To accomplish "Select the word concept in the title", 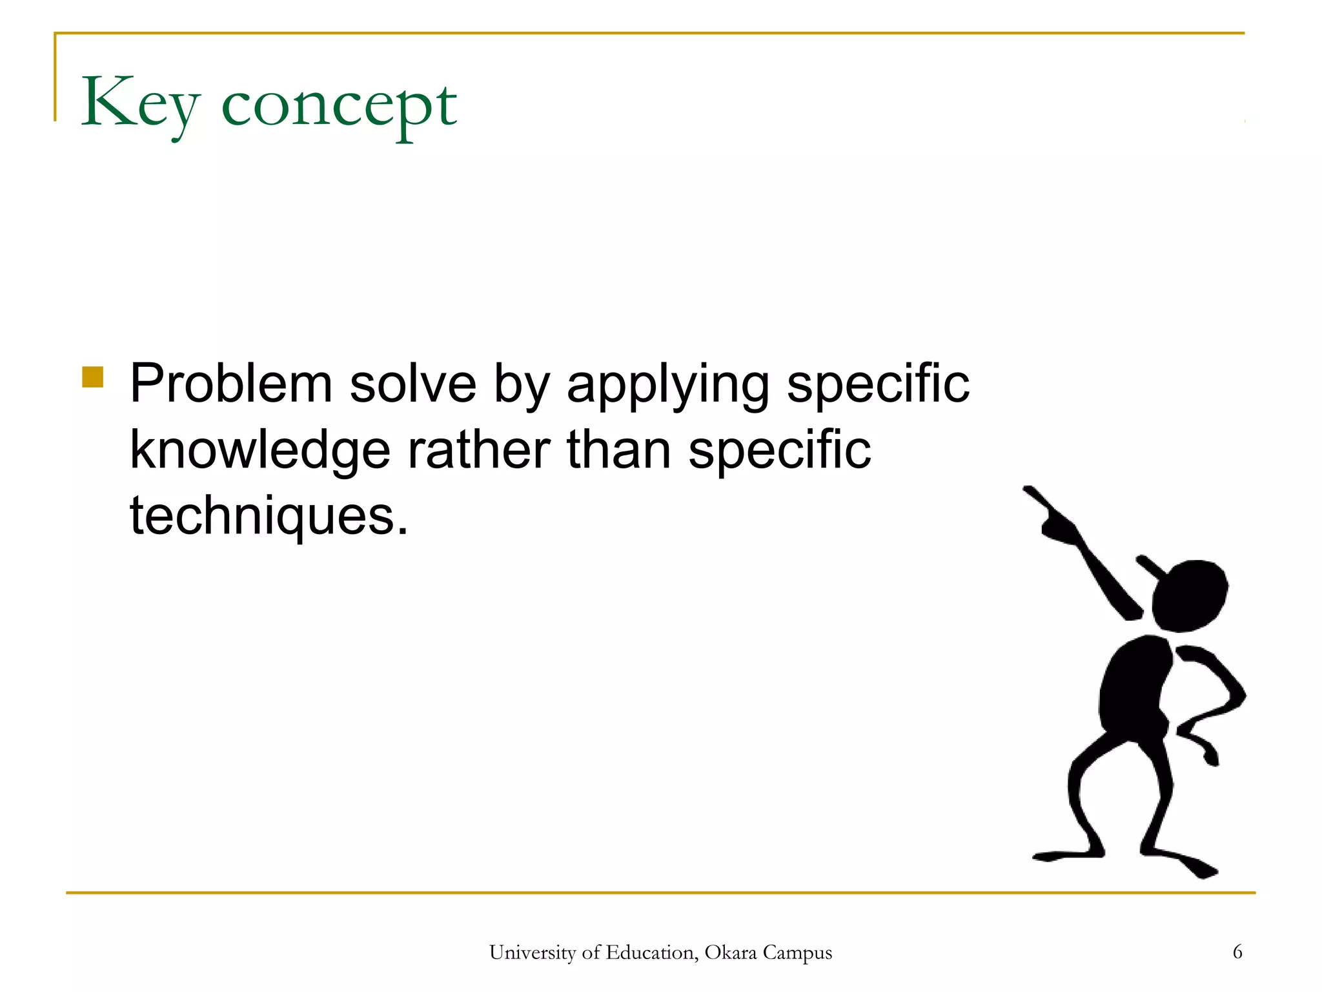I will click(x=339, y=107).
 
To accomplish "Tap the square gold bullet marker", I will click(x=93, y=377).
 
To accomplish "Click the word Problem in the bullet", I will click(x=231, y=384).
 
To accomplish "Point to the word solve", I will click(x=412, y=384).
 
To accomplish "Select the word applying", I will click(x=668, y=386).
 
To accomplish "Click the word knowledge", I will click(x=260, y=451).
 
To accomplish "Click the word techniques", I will click(x=269, y=517).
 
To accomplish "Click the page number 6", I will click(x=1237, y=952).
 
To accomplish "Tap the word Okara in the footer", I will click(x=730, y=953).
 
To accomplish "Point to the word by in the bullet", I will click(x=522, y=386).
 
